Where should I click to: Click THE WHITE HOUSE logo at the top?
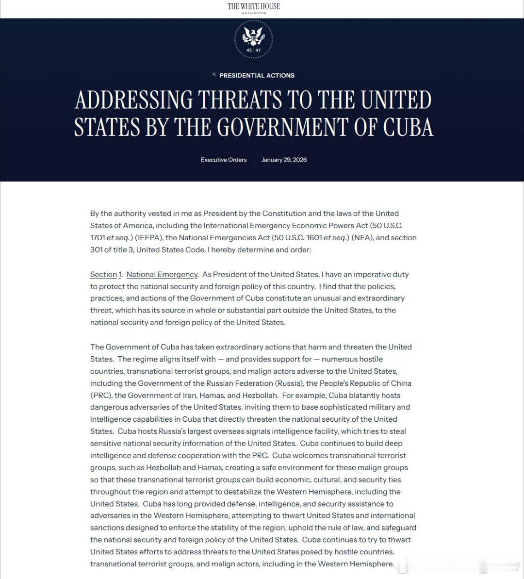point(254,6)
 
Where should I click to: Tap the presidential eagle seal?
point(254,37)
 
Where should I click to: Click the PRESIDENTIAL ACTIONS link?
point(257,75)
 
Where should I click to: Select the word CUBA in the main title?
point(408,127)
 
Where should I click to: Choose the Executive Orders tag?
point(224,160)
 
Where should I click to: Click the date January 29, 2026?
point(284,160)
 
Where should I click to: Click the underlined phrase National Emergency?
point(162,274)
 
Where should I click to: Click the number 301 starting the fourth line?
point(96,250)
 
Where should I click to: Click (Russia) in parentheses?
point(289,383)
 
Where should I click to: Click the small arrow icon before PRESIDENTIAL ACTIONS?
point(214,75)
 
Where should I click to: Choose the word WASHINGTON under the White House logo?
point(254,13)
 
